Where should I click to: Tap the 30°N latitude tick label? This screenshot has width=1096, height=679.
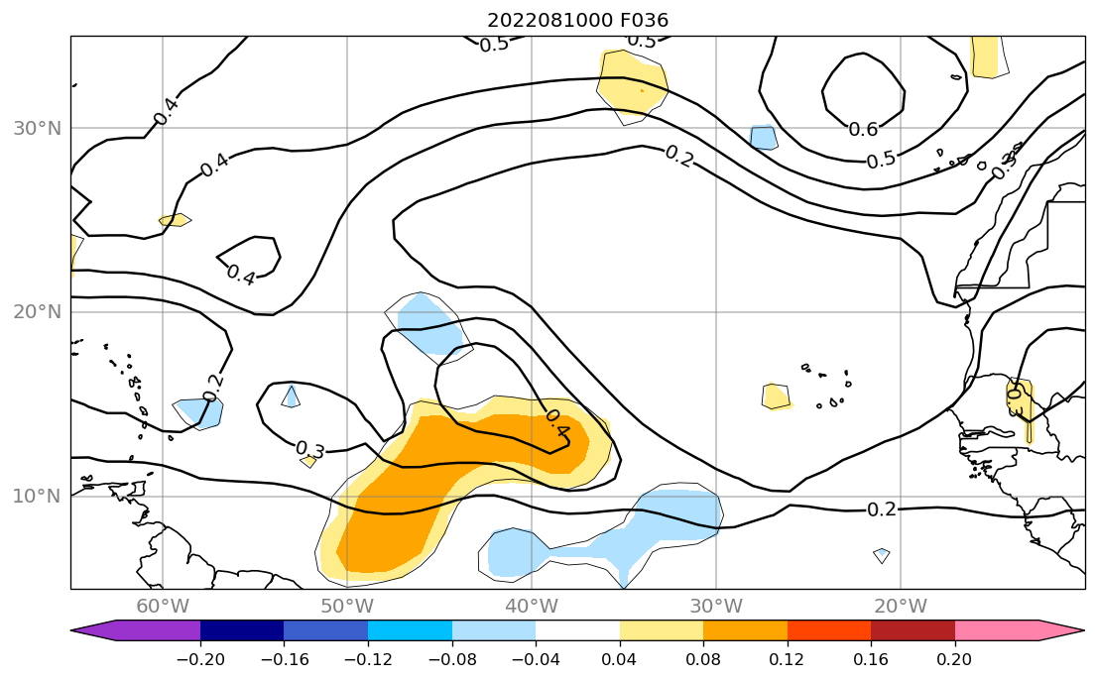point(37,128)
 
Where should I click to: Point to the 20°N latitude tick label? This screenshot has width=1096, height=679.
point(37,311)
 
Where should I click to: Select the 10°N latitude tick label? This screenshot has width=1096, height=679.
point(37,496)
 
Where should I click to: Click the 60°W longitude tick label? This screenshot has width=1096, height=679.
point(163,607)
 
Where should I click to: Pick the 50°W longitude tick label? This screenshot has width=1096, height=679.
point(347,607)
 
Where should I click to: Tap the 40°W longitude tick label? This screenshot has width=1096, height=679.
point(532,607)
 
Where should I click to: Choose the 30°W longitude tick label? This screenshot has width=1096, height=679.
point(716,607)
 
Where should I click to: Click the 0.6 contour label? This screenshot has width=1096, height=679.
point(863,129)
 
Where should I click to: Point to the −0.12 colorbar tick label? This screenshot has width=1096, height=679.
point(367,658)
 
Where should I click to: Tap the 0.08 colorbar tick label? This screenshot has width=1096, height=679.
point(703,658)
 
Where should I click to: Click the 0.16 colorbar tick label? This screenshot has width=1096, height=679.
point(871,658)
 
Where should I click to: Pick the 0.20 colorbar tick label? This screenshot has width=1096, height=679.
point(954,658)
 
